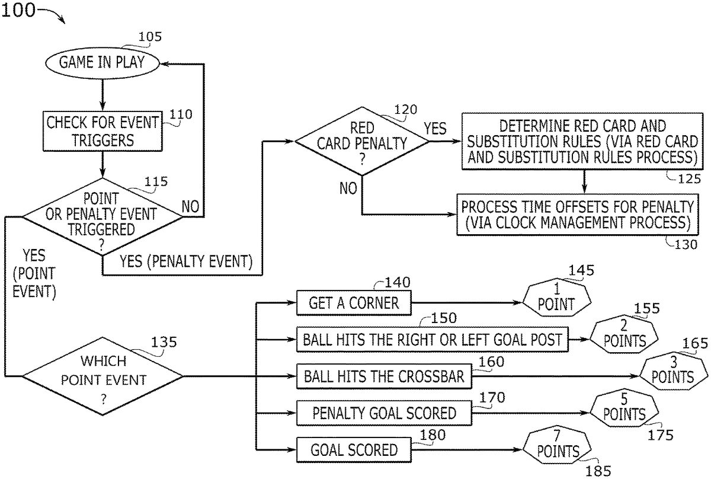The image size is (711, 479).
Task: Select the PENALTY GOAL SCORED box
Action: [384, 413]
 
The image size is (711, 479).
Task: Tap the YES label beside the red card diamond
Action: [435, 129]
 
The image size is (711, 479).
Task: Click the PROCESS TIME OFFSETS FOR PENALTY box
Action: [578, 215]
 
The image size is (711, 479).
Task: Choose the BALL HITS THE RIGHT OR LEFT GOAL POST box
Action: [432, 340]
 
